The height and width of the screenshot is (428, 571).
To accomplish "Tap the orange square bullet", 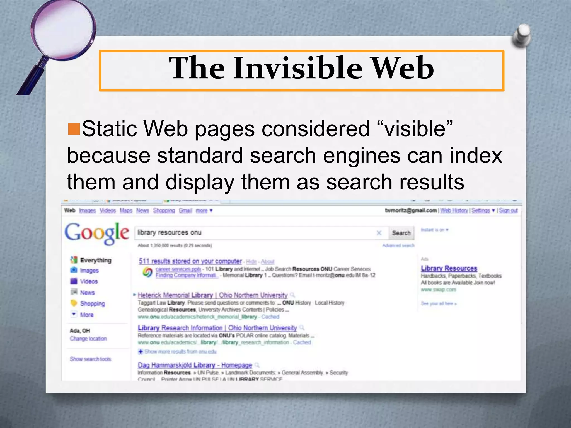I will point(74,129).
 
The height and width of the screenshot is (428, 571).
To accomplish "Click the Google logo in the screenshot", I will point(97,234).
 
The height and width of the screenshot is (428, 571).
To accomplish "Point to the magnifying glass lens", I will point(62,28).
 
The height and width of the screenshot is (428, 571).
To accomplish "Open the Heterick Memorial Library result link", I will point(212,295).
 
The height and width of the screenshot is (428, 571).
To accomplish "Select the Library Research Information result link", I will point(217,328).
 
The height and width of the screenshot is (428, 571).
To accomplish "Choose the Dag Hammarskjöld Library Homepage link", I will point(195,365).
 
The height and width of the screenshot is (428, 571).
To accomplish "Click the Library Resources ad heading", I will point(449,268).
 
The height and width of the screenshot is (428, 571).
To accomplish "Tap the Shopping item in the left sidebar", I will point(92,304).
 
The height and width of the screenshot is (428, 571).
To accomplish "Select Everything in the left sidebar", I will point(95,260).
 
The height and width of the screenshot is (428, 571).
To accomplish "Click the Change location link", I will point(88,339).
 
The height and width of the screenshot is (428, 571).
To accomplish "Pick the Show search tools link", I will point(90,359).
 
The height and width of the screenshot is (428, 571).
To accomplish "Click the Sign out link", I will point(508,211).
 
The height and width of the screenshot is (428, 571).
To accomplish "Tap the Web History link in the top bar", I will point(454,211).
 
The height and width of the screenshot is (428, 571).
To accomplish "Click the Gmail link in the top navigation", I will point(185,211).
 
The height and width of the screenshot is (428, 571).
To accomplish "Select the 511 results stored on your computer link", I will point(190,261).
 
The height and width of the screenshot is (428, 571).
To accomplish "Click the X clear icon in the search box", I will point(379,233).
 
